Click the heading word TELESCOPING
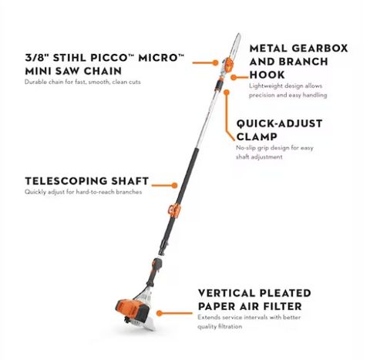66,181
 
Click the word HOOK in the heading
267,75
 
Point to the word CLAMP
257,136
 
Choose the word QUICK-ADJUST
279,123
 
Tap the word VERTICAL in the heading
227,293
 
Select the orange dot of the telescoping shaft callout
174,185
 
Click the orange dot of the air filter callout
160,313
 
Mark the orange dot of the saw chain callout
215,62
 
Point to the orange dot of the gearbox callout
234,77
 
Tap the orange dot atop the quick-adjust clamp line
227,93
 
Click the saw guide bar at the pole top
235,45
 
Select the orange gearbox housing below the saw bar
228,65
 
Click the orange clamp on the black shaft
173,210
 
